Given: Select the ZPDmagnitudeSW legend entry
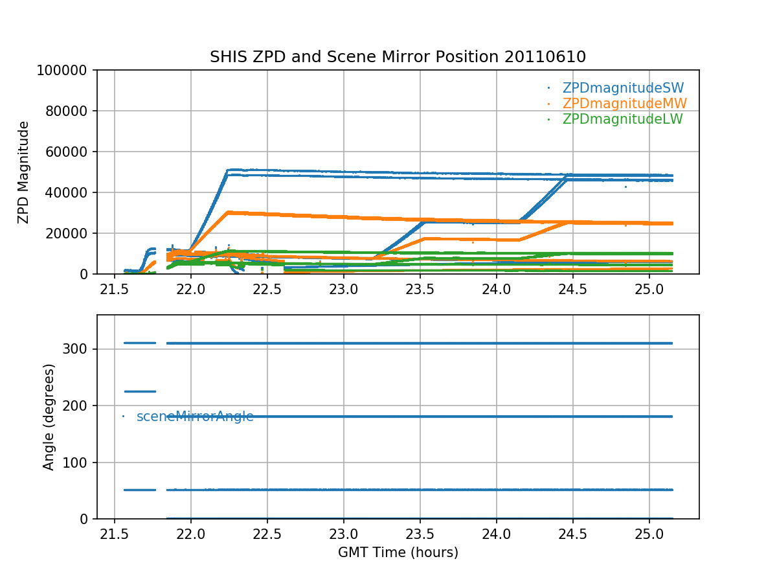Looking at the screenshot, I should click(623, 88).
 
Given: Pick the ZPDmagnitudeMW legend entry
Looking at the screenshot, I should click(624, 104).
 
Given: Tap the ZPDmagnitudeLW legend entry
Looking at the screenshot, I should click(622, 119).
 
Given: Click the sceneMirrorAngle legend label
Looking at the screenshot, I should click(195, 417).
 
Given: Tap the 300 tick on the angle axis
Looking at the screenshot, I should click(80, 349).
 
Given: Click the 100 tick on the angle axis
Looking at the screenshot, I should click(80, 463).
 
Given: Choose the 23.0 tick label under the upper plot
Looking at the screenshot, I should click(344, 290).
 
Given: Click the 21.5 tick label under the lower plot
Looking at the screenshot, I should click(115, 534).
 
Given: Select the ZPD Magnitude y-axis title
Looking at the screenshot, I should click(24, 172).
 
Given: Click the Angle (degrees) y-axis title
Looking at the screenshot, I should click(49, 417).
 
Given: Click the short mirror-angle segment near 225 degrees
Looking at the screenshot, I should click(140, 391).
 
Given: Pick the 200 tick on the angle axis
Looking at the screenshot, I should click(80, 406).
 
